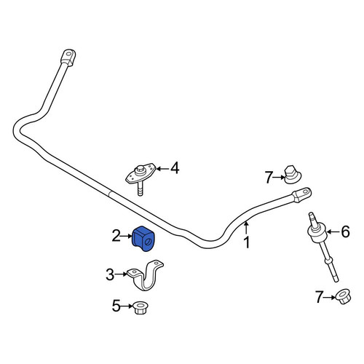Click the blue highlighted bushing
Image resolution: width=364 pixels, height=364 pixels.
pyautogui.click(x=143, y=238)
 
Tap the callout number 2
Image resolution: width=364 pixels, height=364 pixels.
pyautogui.click(x=116, y=236)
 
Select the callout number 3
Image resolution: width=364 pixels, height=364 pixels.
pyautogui.click(x=110, y=275)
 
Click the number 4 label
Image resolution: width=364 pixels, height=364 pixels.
pyautogui.click(x=175, y=168)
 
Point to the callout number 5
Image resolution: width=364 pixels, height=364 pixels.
pyautogui.click(x=116, y=306)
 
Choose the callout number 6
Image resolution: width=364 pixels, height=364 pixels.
pyautogui.click(x=346, y=232)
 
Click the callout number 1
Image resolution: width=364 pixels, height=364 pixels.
pyautogui.click(x=247, y=242)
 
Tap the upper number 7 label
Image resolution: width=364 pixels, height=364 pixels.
pyautogui.click(x=268, y=177)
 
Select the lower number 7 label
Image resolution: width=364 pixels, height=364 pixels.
pyautogui.click(x=320, y=297)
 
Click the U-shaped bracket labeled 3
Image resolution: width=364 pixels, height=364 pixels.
pyautogui.click(x=145, y=277)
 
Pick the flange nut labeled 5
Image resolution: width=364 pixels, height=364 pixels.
pyautogui.click(x=141, y=307)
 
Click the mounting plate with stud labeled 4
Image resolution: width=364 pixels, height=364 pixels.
pyautogui.click(x=141, y=175)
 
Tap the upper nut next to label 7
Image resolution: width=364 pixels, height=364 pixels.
pyautogui.click(x=292, y=175)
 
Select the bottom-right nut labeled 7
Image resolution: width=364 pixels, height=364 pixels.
pyautogui.click(x=343, y=296)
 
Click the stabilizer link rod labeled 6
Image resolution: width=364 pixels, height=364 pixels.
pyautogui.click(x=323, y=246)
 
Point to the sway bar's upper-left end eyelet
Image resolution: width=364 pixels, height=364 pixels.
pyautogui.click(x=68, y=58)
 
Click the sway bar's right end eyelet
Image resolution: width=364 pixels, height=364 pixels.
pyautogui.click(x=301, y=194)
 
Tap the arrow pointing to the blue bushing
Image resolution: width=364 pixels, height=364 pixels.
pyautogui.click(x=127, y=236)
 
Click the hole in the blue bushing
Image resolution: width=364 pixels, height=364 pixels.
pyautogui.click(x=148, y=242)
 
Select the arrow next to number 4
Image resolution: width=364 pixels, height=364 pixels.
pyautogui.click(x=162, y=168)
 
